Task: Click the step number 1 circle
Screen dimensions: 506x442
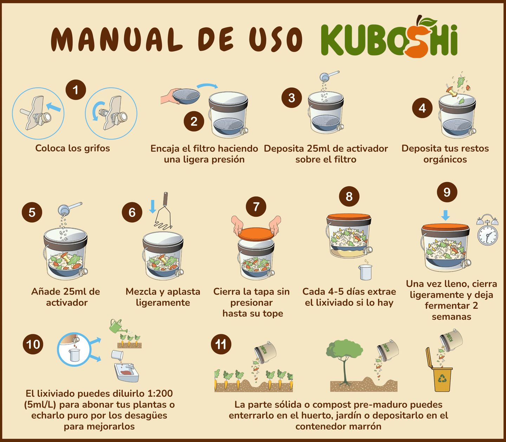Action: coord(76,90)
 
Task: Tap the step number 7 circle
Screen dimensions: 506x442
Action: coord(256,207)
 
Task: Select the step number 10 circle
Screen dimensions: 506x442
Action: coord(33,344)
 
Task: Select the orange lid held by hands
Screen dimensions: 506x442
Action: coord(256,234)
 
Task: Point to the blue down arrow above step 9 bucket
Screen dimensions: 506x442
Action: coord(446,215)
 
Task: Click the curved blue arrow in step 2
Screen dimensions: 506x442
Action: coord(207,86)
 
